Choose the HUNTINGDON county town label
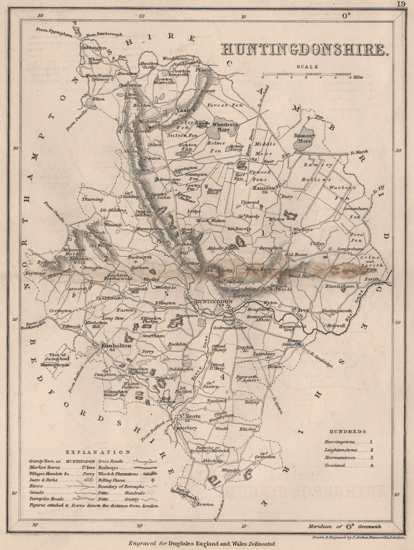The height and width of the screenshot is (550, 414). [211, 301]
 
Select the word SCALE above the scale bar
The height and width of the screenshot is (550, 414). [307, 66]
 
